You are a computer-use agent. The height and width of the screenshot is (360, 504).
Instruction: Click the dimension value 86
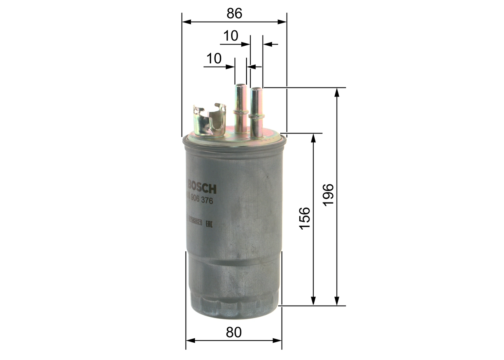coord(234,14)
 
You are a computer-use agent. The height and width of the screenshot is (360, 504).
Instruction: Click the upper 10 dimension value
coord(231,36)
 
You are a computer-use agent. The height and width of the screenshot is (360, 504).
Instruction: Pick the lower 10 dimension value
coord(214,59)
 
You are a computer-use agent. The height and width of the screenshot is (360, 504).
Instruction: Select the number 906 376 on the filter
coord(200,200)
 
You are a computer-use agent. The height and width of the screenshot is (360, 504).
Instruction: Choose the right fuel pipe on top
coord(256,112)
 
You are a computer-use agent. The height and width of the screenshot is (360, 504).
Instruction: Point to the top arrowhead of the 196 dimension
coord(337,92)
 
